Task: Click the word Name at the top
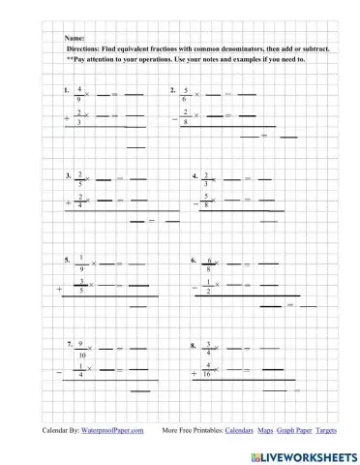(74, 35)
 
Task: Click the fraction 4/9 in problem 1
(79, 94)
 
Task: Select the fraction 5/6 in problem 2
(185, 94)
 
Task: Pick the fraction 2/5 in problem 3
(79, 180)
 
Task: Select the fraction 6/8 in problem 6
(209, 265)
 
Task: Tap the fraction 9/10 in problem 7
(81, 350)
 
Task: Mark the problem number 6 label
(196, 261)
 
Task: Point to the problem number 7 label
(70, 344)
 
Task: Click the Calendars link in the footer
(239, 428)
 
